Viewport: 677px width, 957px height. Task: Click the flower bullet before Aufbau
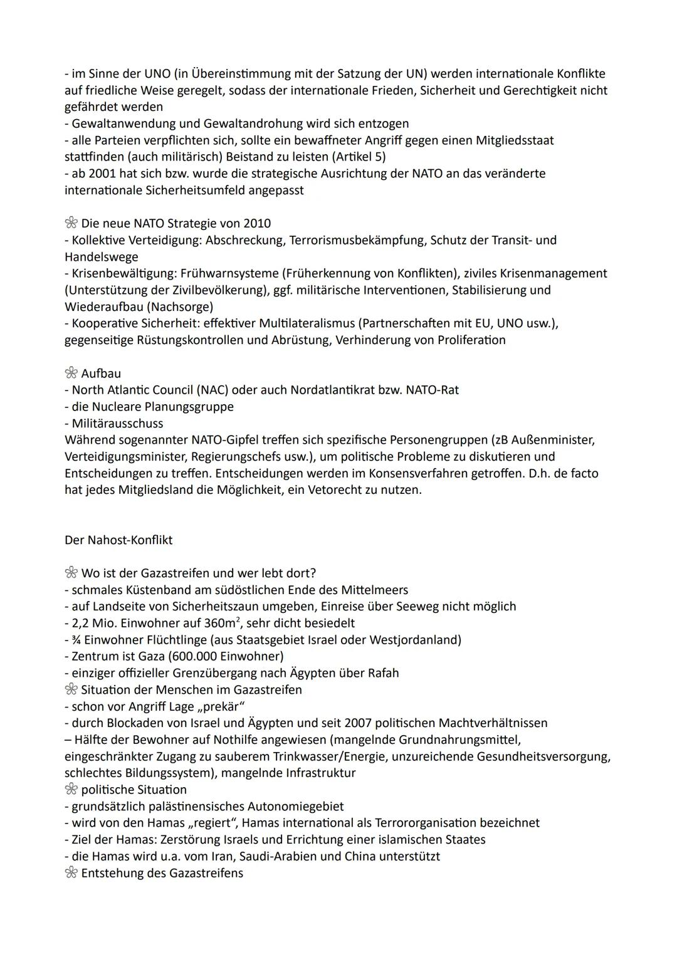pos(71,374)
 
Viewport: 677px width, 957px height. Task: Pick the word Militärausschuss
pos(117,424)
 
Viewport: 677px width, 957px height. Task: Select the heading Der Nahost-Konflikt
pos(118,540)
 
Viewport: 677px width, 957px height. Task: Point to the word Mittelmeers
pos(375,590)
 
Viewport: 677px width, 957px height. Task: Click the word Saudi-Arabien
pos(281,857)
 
